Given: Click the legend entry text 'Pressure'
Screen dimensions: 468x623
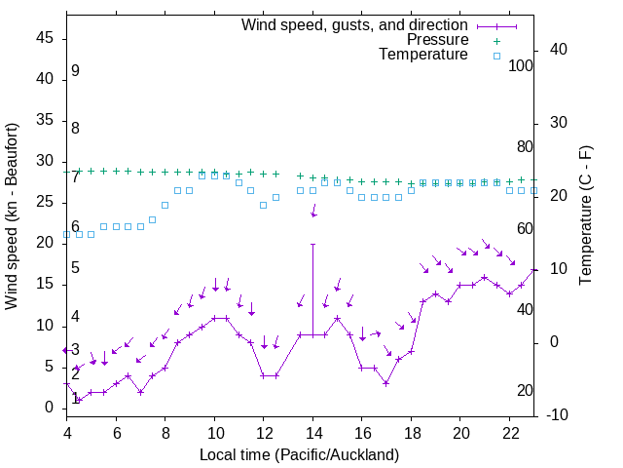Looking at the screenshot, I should [437, 40].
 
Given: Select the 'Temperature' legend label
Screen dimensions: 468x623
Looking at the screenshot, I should [423, 55].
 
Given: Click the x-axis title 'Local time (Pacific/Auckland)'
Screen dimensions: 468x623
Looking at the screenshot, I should [299, 455].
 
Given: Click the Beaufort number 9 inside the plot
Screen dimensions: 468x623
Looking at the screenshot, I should [75, 72].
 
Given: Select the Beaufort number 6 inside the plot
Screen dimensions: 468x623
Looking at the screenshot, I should [75, 226].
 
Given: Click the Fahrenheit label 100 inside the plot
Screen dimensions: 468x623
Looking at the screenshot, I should [521, 66].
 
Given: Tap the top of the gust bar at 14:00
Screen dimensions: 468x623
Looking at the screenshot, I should [312, 244].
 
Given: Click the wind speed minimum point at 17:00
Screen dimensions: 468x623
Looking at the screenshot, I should [386, 383].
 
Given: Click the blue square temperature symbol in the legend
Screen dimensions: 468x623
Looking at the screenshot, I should [496, 56].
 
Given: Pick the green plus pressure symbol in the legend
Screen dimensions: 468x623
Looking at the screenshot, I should [496, 41].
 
